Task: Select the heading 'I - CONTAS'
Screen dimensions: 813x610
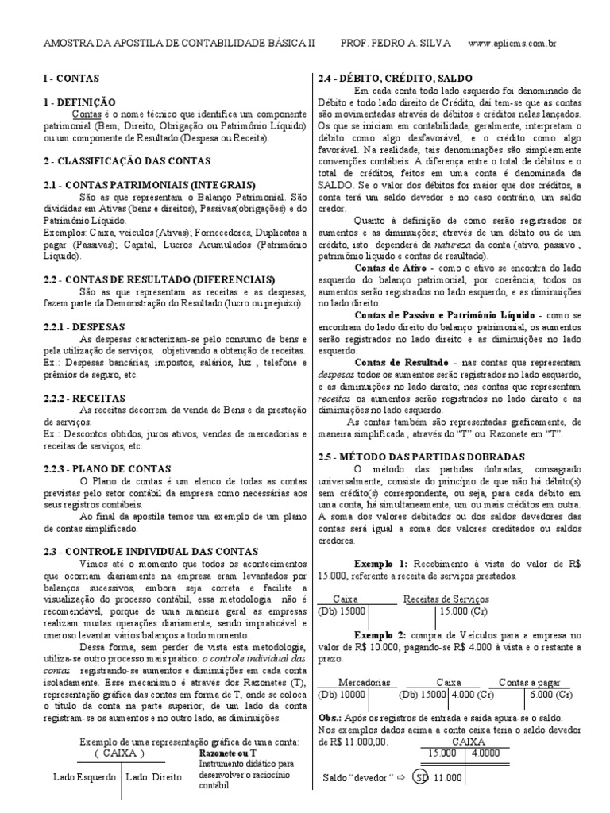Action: [x=68, y=81]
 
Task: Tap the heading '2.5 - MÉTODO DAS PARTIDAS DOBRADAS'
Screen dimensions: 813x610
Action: [x=420, y=459]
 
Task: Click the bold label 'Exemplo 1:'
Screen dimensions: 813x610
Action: [x=380, y=562]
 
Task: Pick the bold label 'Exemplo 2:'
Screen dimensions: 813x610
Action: [x=380, y=636]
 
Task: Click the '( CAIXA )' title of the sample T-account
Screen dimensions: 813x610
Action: [x=118, y=753]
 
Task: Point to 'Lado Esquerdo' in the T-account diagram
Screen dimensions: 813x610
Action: [x=84, y=777]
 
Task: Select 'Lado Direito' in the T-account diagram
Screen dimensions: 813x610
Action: [x=155, y=777]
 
